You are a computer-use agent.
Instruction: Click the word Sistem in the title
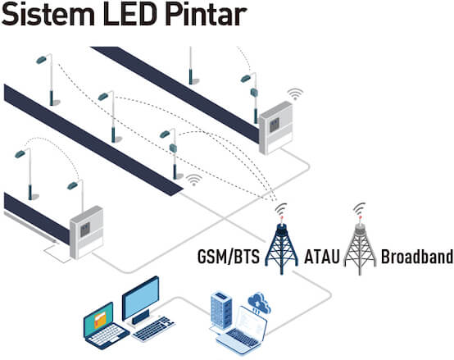point(48,14)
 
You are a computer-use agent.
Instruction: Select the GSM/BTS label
point(229,257)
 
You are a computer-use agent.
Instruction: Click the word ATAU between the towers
point(322,257)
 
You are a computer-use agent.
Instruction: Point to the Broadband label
point(417,257)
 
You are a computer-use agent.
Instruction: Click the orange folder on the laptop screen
point(101,320)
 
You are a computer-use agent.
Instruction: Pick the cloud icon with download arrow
point(259,303)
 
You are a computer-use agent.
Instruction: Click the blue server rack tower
point(221,311)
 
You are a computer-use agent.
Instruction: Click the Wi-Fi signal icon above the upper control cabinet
point(295,93)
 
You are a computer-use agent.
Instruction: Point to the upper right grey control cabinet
point(275,127)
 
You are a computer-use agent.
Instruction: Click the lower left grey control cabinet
point(86,232)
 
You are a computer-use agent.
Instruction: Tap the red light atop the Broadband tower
point(360,217)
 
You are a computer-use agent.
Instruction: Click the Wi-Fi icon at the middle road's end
point(194,180)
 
